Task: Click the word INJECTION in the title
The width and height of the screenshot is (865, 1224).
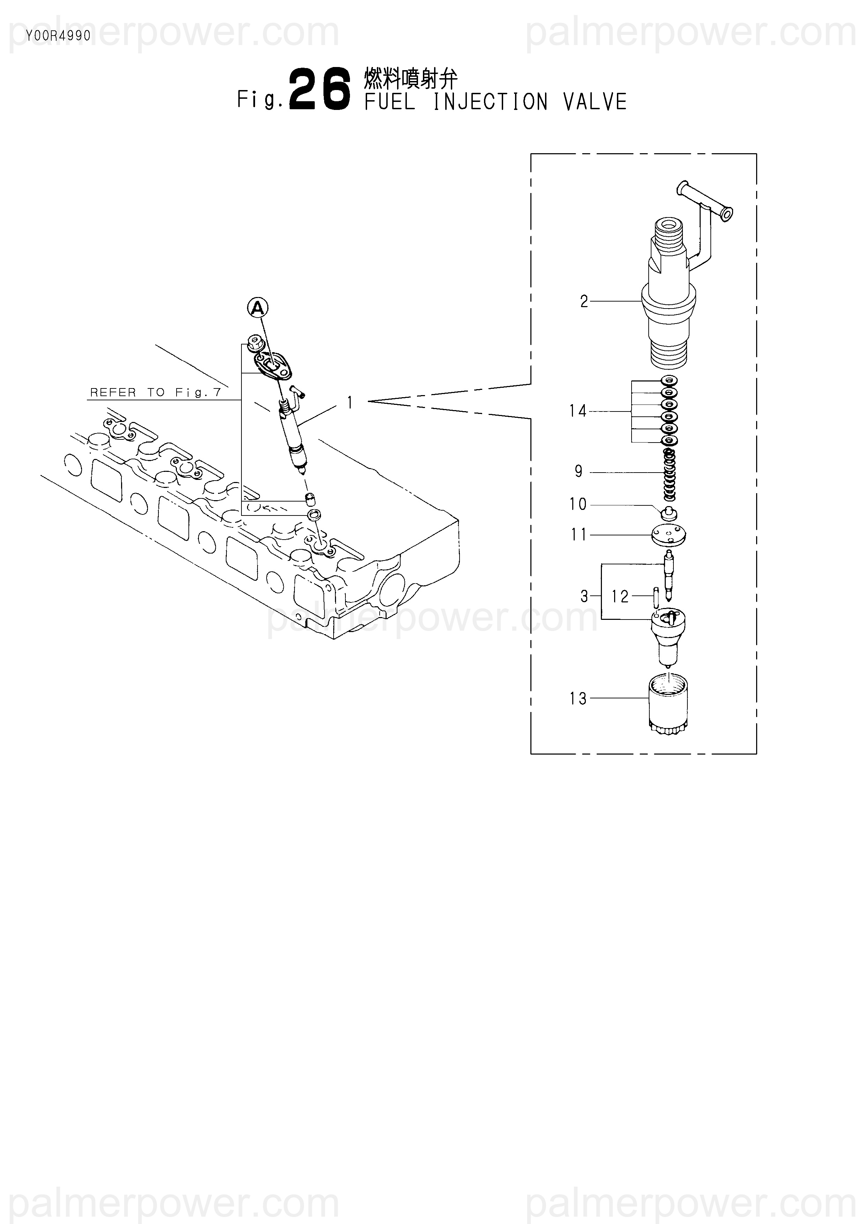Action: tap(490, 102)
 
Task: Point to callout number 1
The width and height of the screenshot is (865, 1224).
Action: tap(350, 402)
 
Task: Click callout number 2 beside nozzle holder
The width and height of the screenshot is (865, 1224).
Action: tap(584, 302)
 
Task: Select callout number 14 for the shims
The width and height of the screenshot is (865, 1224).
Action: tap(578, 411)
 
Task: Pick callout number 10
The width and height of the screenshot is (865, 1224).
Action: tap(578, 504)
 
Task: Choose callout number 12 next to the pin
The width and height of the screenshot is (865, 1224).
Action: tap(620, 596)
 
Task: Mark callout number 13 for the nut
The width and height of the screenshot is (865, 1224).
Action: tap(578, 698)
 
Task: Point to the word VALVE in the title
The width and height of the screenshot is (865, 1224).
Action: tap(595, 102)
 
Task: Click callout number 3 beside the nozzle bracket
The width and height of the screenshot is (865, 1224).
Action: tap(584, 596)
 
